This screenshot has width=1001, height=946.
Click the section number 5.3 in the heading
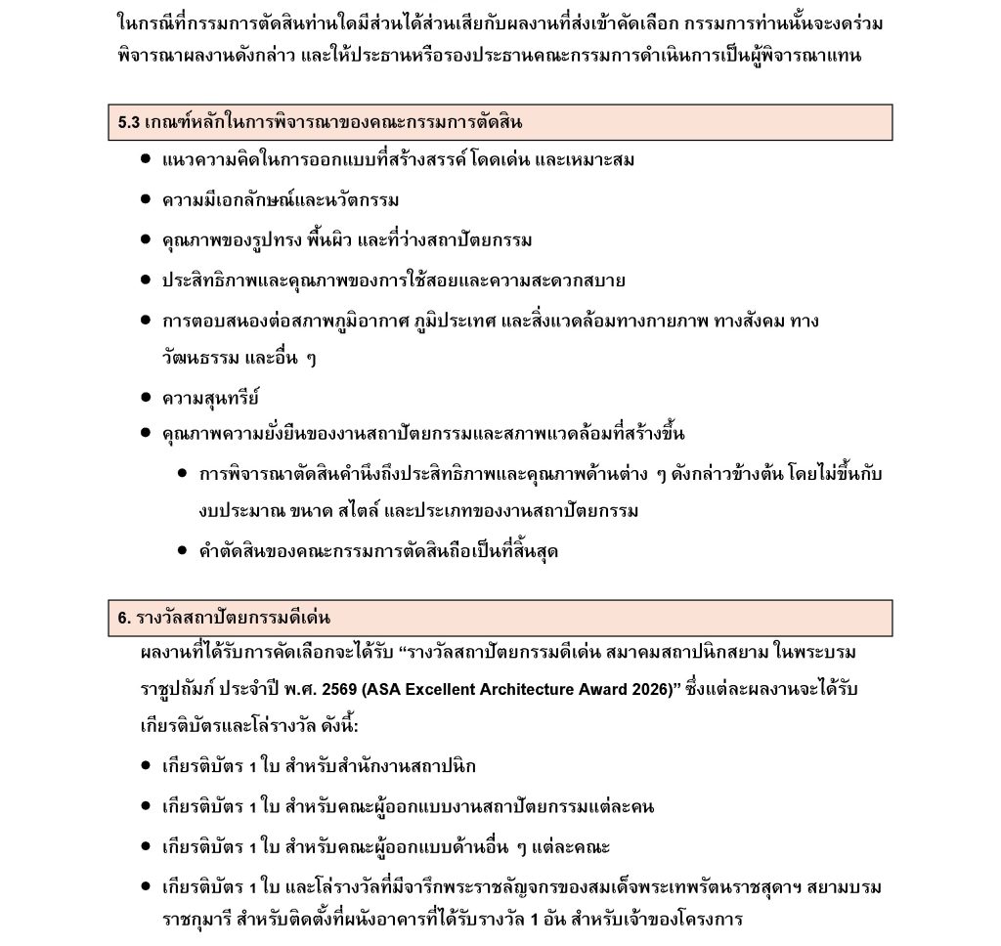[x=128, y=123]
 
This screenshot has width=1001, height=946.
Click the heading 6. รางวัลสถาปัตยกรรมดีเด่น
[x=224, y=619]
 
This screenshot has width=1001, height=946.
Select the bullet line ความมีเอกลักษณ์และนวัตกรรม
[x=281, y=200]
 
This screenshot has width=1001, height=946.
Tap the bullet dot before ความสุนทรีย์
[x=145, y=398]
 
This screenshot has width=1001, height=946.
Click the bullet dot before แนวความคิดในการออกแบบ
[x=145, y=159]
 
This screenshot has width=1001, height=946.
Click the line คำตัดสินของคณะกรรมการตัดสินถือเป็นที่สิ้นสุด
[x=378, y=552]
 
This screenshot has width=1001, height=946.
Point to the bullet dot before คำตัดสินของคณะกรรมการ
[x=183, y=551]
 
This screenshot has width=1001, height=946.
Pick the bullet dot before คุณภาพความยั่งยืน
[x=145, y=433]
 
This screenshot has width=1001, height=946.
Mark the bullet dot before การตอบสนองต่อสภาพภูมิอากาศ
[x=145, y=320]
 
